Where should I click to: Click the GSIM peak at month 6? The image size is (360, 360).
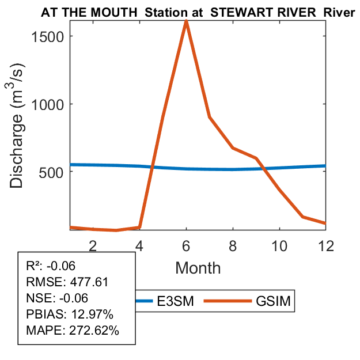(186, 21)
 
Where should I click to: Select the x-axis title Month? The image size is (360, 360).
(198, 267)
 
